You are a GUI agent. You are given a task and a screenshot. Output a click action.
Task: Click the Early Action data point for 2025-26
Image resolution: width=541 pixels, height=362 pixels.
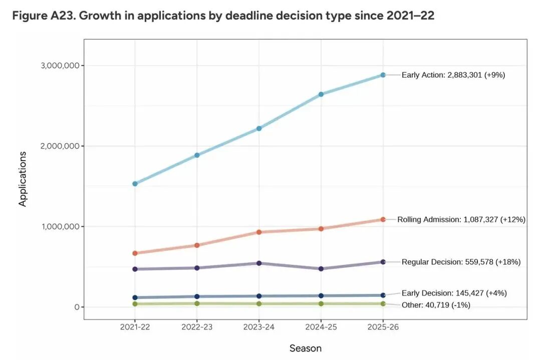coord(383,75)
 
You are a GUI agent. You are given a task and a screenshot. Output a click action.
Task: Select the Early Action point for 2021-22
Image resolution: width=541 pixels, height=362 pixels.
coord(135,184)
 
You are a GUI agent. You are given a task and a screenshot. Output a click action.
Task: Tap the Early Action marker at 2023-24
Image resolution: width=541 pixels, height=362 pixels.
coord(259,129)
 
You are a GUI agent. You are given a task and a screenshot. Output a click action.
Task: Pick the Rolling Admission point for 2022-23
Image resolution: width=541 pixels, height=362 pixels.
coord(197,245)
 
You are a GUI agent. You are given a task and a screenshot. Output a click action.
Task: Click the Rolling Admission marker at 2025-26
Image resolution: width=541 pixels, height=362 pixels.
coord(383,219)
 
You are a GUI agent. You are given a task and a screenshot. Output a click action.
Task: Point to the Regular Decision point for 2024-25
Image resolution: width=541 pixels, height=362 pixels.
coord(321,269)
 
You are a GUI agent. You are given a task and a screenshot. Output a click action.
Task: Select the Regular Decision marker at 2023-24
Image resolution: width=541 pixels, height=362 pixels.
coord(259,263)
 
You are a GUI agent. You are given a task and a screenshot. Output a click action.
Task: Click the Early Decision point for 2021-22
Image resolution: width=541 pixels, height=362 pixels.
coord(135,297)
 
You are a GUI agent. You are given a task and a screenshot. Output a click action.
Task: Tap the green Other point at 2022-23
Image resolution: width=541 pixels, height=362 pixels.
coord(197,303)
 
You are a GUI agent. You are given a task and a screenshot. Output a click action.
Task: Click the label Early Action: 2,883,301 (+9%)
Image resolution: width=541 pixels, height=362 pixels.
coord(453,75)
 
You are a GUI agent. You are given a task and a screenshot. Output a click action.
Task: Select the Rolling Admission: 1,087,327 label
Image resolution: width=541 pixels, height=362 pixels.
coord(461,219)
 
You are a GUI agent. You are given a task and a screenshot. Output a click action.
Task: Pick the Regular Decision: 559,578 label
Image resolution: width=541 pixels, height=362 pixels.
coord(461,262)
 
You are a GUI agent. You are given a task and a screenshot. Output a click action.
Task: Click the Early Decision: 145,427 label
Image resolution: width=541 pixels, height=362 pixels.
coord(454,293)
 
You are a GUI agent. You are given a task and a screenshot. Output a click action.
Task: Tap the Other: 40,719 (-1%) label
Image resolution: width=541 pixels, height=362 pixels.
coord(436,305)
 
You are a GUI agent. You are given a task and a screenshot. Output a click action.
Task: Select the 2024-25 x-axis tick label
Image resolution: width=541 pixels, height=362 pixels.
coord(321,327)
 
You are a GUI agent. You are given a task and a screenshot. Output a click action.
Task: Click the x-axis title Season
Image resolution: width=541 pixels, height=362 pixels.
coord(306,348)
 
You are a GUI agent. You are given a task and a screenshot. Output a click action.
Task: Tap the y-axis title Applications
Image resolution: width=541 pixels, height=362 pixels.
coord(23,179)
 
